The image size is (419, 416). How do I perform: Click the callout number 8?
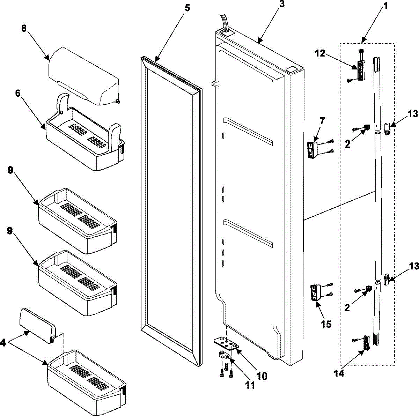[24, 29]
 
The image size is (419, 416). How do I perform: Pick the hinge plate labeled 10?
[226, 343]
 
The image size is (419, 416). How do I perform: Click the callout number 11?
[250, 385]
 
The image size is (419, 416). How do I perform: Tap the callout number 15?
[326, 324]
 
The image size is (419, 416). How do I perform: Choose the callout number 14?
[339, 373]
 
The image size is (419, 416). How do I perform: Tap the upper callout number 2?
[348, 144]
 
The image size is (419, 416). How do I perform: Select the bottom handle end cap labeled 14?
[366, 342]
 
